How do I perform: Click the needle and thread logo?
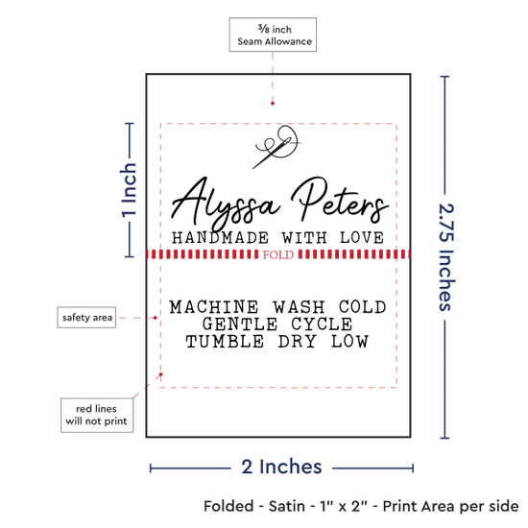pyautogui.click(x=276, y=147)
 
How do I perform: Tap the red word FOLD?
pyautogui.click(x=278, y=254)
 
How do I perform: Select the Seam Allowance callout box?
pyautogui.click(x=273, y=35)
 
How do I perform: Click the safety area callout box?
pyautogui.click(x=86, y=317)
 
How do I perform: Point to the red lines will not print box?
pyautogui.click(x=97, y=415)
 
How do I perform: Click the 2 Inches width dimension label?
pyautogui.click(x=281, y=467)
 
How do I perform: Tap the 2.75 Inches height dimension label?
pyautogui.click(x=446, y=257)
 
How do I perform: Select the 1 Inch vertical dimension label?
pyautogui.click(x=129, y=190)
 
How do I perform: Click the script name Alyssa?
pyautogui.click(x=225, y=203)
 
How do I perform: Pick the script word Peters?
pyautogui.click(x=340, y=200)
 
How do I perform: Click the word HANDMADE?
pyautogui.click(x=220, y=238)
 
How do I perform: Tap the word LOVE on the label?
pyautogui.click(x=362, y=238)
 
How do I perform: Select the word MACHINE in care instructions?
pyautogui.click(x=214, y=307)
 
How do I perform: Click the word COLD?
pyautogui.click(x=363, y=307)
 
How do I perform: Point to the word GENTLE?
pyautogui.click(x=240, y=324)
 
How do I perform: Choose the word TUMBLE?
pyautogui.click(x=225, y=342)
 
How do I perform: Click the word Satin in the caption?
pyautogui.click(x=287, y=506)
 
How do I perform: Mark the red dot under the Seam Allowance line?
pyautogui.click(x=273, y=103)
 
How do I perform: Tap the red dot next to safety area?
pyautogui.click(x=155, y=318)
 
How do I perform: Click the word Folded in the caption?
pyautogui.click(x=228, y=506)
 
